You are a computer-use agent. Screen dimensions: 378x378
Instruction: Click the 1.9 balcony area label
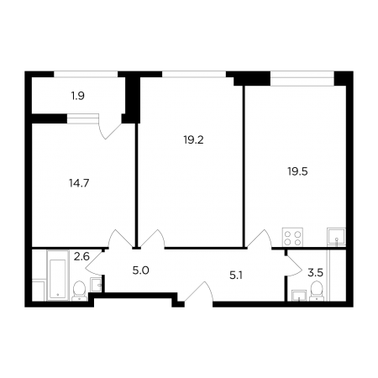click(78, 97)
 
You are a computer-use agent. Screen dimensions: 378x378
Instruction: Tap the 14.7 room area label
click(79, 183)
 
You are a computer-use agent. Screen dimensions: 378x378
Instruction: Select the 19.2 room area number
click(193, 139)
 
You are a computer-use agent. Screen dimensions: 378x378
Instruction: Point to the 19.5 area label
click(297, 171)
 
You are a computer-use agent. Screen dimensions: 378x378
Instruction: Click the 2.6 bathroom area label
click(81, 256)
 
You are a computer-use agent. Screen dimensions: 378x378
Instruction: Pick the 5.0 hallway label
click(140, 270)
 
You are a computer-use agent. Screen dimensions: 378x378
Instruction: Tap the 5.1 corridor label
click(236, 276)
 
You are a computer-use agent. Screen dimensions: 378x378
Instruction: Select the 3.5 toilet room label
click(316, 272)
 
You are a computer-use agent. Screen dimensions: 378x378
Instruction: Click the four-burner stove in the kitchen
click(292, 238)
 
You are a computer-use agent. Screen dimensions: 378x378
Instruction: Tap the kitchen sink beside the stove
click(336, 238)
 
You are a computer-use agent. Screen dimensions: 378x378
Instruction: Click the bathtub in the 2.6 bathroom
click(58, 276)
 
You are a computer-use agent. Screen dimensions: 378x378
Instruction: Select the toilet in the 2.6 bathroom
click(80, 291)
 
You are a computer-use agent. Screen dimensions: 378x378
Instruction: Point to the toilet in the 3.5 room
click(317, 291)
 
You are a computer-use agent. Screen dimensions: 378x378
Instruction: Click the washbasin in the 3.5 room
click(299, 296)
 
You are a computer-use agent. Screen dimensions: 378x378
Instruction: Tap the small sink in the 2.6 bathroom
click(96, 285)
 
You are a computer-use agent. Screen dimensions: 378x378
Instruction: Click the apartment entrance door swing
click(199, 291)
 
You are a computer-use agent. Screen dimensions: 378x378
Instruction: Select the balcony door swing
click(111, 127)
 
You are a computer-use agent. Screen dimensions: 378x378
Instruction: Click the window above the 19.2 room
click(194, 74)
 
